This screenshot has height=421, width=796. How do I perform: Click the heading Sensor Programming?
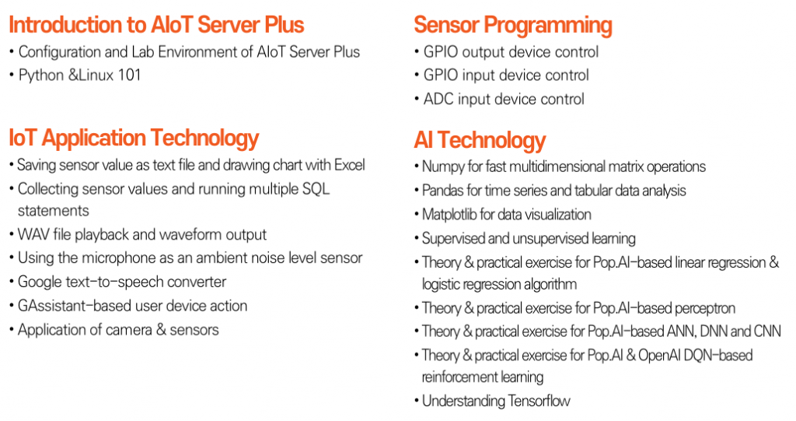(x=512, y=25)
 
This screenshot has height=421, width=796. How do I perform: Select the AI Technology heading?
(x=480, y=141)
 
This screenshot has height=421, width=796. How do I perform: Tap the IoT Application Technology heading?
(x=134, y=139)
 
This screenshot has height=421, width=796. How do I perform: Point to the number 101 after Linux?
(x=128, y=75)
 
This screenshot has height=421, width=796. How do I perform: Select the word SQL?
(x=315, y=189)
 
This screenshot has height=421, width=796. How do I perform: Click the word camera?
(x=127, y=329)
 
